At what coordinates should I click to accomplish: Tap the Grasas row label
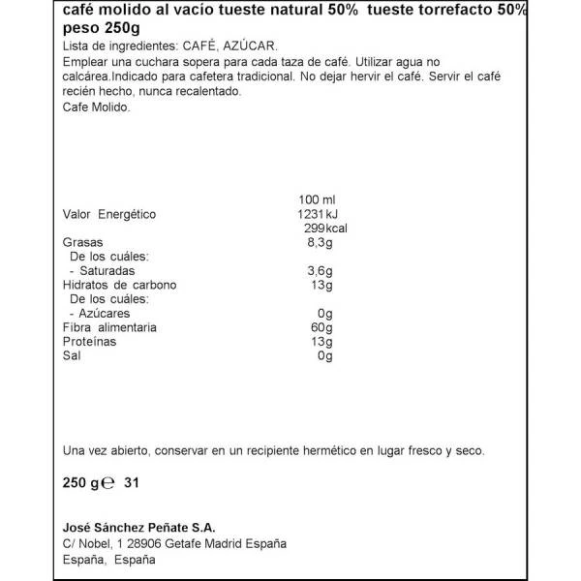tap(83, 242)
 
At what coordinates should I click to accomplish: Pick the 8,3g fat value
tap(320, 242)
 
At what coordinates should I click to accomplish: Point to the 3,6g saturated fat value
tap(320, 271)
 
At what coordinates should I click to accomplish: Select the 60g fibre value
tap(321, 328)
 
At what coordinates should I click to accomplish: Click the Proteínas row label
tap(89, 342)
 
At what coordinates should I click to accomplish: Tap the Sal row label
tap(72, 356)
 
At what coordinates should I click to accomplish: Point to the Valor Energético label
tap(108, 214)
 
